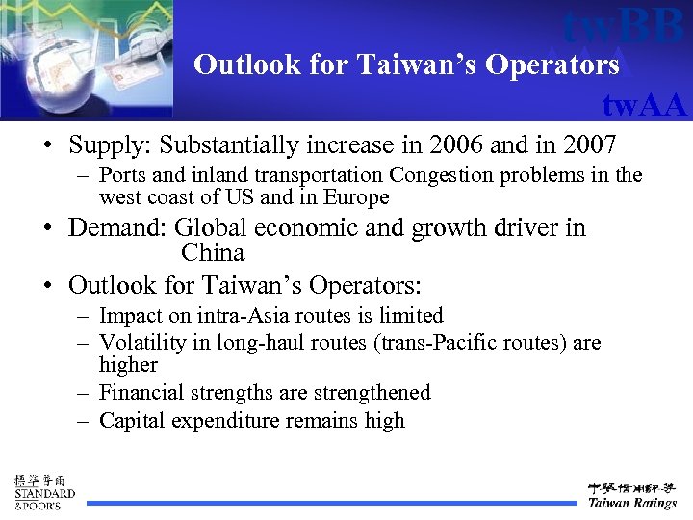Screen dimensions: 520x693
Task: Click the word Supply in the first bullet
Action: (110, 146)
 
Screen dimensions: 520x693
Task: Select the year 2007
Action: (584, 145)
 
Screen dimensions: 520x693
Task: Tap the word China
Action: (213, 253)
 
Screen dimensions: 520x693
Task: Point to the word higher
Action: (128, 365)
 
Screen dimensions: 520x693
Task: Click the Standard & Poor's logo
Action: (43, 491)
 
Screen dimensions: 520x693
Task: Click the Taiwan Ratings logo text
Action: (632, 503)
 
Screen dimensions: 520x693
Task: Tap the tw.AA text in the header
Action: (644, 103)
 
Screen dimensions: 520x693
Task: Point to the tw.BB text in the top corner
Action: (624, 26)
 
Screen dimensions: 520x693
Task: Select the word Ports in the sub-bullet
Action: (123, 175)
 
